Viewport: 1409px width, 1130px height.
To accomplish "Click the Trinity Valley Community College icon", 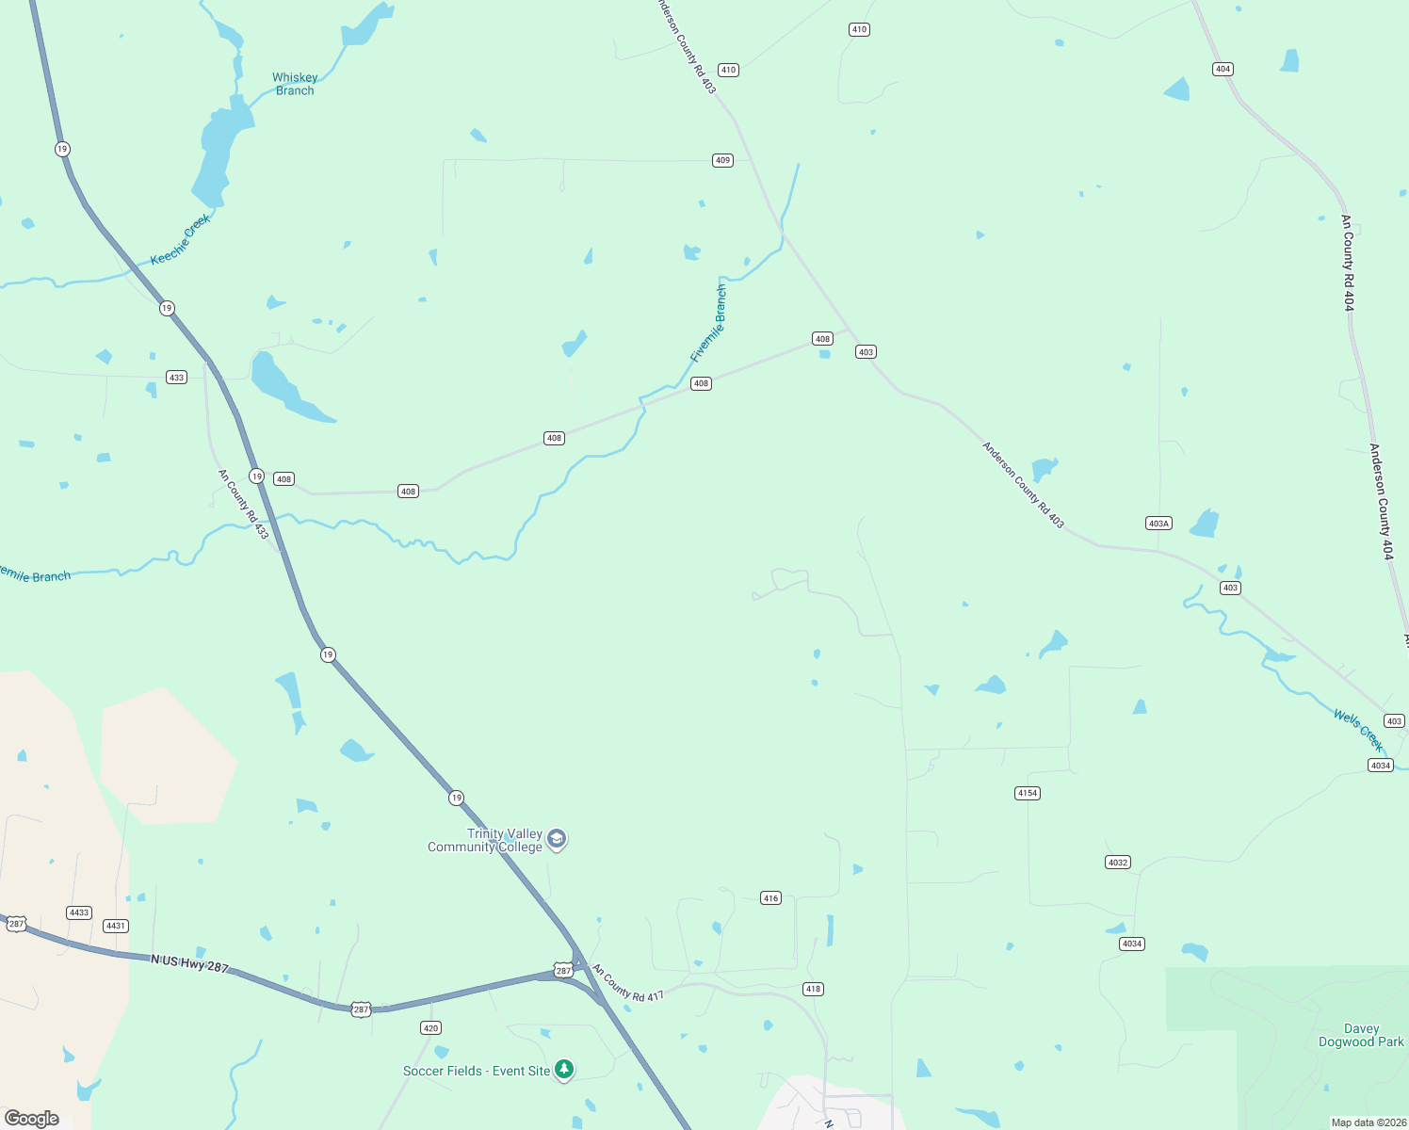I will tap(557, 840).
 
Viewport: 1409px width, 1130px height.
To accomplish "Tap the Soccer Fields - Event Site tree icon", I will tap(564, 1070).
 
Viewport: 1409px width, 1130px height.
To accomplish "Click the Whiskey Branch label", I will tap(295, 84).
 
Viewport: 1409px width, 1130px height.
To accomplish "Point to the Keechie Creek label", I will tap(181, 240).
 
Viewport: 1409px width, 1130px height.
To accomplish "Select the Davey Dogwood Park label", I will tap(1361, 1035).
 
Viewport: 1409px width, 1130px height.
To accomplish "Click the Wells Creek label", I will tap(1358, 730).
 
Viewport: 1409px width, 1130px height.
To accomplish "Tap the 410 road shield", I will tap(728, 70).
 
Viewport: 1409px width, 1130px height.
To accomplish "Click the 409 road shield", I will tap(722, 160).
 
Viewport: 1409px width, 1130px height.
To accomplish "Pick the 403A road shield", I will tap(1158, 524).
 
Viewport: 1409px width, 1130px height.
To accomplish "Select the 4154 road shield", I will tap(1028, 793).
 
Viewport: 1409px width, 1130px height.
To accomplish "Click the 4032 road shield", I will tap(1117, 863).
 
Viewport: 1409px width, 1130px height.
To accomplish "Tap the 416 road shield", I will tap(771, 898).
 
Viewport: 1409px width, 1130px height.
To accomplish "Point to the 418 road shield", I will tap(813, 989).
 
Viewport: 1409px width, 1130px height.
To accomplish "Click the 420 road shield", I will tap(430, 1028).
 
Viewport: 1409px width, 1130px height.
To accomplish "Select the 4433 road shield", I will tap(78, 912).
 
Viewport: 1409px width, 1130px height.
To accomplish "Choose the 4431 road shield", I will tap(116, 926).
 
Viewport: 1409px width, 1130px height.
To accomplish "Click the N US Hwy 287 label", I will tap(189, 963).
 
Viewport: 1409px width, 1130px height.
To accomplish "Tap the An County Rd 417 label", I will tap(628, 983).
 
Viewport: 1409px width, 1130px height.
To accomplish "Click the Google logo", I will tap(32, 1119).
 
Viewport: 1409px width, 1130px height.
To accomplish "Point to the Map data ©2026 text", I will tap(1369, 1122).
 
